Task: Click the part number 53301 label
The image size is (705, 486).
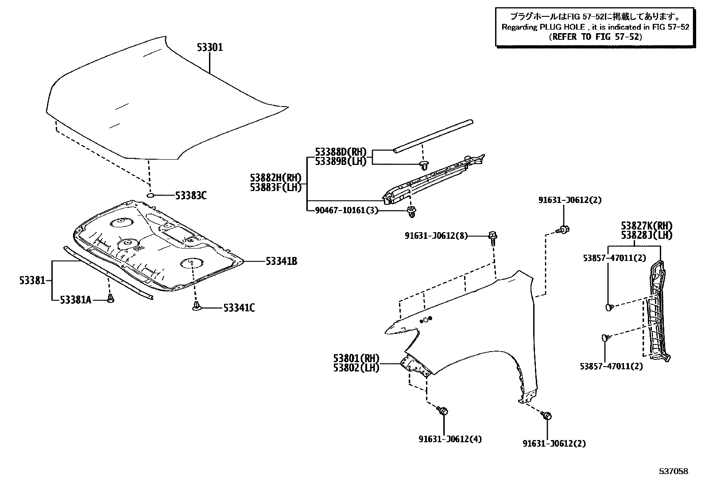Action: click(209, 47)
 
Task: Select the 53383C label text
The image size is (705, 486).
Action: click(191, 195)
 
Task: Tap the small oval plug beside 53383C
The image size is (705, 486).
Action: click(150, 195)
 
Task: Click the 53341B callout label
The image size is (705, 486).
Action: click(281, 261)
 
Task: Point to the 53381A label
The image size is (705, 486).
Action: click(75, 300)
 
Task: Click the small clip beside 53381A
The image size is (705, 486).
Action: click(111, 299)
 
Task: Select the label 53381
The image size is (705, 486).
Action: click(32, 280)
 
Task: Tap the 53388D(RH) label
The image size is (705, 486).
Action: click(341, 152)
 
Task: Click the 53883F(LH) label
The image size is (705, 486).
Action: click(275, 187)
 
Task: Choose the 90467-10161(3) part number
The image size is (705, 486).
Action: click(347, 210)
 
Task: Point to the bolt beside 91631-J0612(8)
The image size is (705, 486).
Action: click(493, 237)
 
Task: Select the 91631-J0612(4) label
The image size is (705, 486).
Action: click(450, 439)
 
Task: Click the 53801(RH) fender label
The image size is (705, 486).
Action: click(356, 358)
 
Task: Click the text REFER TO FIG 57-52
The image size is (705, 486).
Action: click(595, 37)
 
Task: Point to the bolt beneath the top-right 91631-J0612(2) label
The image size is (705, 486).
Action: click(564, 229)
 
